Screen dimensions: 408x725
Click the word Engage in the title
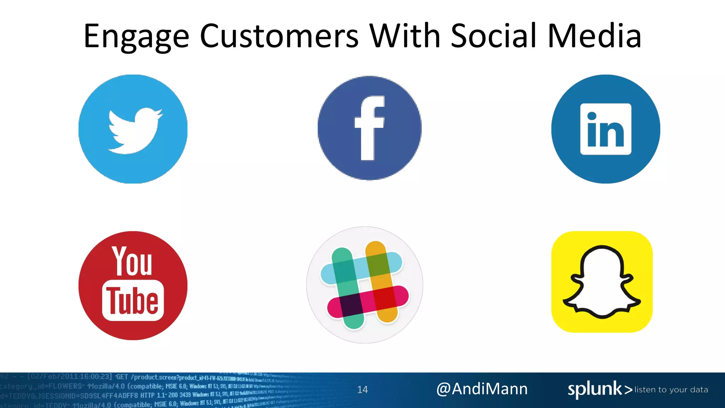tap(136, 37)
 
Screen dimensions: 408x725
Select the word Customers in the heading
tap(279, 36)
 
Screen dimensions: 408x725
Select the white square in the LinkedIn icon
tap(606, 129)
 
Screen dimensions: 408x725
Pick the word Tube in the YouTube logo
tap(133, 301)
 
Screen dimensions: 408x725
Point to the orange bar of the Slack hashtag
tap(386, 312)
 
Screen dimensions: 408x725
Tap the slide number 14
tap(362, 390)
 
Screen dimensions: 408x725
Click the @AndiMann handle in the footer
tap(482, 389)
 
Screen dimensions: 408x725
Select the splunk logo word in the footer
tap(595, 389)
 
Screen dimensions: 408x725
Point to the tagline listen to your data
tap(671, 390)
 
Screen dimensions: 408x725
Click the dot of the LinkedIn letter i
tap(592, 116)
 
